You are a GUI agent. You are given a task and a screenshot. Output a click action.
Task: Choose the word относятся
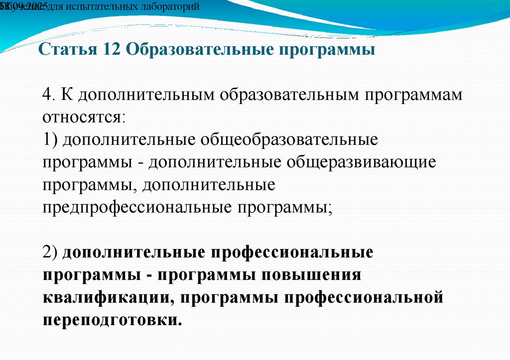click(x=84, y=118)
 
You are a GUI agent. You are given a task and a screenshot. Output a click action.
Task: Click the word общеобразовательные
click(x=289, y=140)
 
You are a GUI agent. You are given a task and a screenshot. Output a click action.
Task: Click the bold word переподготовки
click(x=110, y=320)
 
